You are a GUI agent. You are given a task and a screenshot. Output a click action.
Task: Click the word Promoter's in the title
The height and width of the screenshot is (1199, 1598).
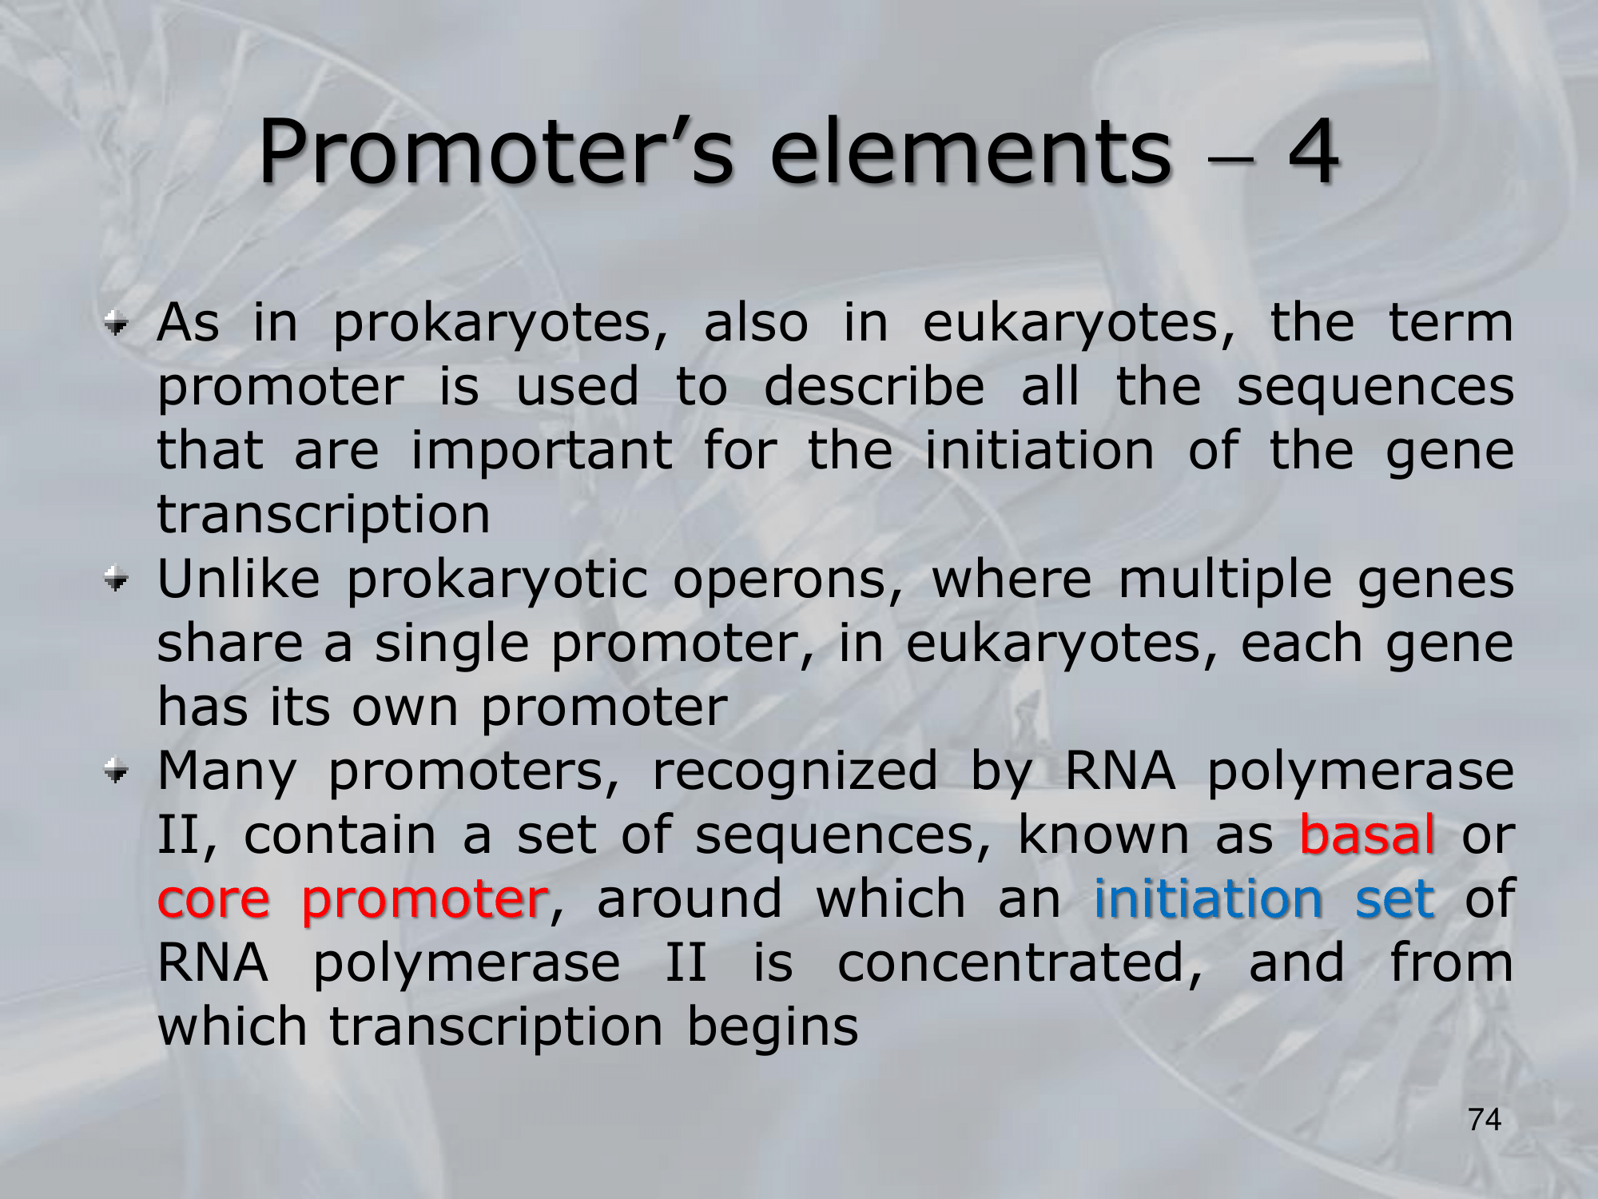496,151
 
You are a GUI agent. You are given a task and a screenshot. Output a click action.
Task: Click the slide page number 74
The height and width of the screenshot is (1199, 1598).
1485,1120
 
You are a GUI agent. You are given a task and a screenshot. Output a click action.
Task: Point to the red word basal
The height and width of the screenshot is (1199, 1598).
1367,835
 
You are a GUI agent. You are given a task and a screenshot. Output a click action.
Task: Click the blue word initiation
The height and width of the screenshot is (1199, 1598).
1208,898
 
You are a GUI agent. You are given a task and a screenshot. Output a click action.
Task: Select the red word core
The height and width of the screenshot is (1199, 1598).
213,901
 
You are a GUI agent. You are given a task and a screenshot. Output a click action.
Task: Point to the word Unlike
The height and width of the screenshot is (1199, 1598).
238,579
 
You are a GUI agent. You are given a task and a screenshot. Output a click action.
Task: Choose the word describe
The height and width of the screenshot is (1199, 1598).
874,387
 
